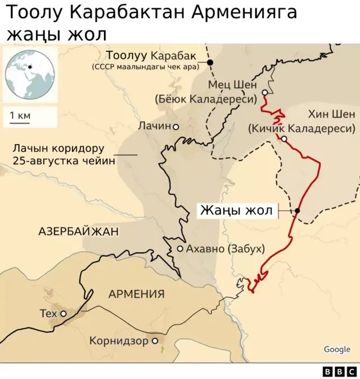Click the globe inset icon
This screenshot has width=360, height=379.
pos(30,74)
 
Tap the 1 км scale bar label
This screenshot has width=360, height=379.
pos(20,116)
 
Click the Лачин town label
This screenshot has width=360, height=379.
pos(154,126)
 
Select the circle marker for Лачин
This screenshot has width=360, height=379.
pos(176,127)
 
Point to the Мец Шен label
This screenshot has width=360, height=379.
pos(232,84)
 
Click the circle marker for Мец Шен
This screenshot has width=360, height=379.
pos(265,92)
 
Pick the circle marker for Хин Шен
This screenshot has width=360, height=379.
pos(285,139)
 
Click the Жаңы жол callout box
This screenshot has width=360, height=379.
pos(237,211)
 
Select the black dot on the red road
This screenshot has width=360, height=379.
pos(297,211)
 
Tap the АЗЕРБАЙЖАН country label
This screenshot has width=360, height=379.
pos(79,231)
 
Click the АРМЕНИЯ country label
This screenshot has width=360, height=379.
pos(136,293)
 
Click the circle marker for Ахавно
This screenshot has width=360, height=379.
pos(180,248)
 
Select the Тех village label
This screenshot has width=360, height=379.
pos(48,313)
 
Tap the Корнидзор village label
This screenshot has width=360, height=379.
pos(118,341)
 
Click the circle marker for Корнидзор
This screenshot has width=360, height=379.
pos(155,341)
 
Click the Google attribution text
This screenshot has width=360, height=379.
pos(337,349)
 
